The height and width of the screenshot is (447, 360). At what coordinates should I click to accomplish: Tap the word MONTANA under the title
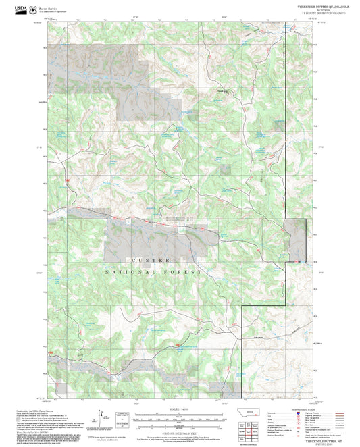317,9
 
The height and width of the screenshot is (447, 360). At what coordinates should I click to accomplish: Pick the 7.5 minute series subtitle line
317,13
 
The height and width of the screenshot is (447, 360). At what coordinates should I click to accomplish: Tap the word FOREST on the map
187,271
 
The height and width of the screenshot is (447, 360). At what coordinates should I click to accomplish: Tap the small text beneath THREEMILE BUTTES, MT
318,444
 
